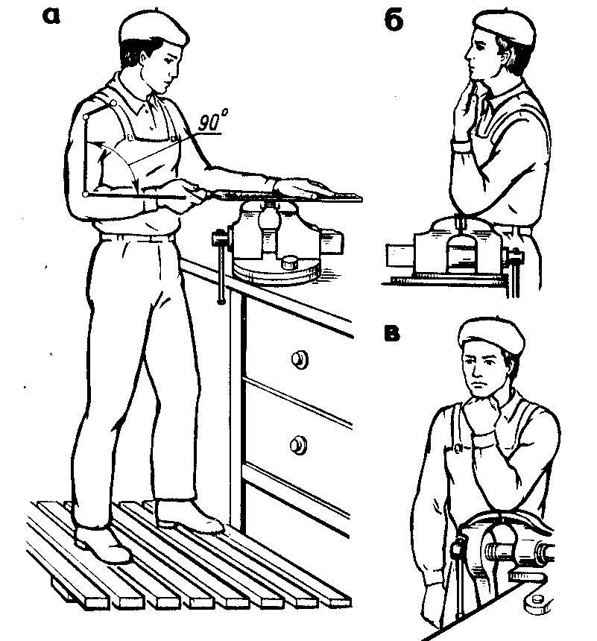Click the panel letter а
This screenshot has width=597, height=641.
tap(52, 16)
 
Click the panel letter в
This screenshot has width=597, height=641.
tap(392, 332)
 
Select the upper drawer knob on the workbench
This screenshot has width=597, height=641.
tap(300, 359)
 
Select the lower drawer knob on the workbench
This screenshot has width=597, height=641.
tap(299, 445)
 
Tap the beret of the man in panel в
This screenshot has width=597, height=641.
tap(491, 335)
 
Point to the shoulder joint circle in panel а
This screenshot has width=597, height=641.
tap(114, 103)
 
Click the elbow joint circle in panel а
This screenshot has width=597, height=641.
tap(86, 195)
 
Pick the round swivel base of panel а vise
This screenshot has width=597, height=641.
tap(276, 272)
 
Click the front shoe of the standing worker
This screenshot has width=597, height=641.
tap(190, 517)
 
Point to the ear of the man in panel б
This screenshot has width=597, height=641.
tap(502, 51)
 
